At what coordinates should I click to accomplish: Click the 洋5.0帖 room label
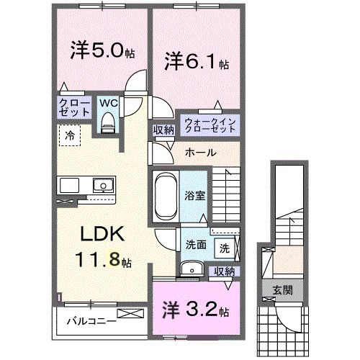pos(100,52)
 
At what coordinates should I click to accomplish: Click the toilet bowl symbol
pos(107,124)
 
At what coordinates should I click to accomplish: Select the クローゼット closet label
pos(74,107)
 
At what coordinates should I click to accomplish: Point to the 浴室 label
pos(194,194)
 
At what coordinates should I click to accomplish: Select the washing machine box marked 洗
pos(225,248)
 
